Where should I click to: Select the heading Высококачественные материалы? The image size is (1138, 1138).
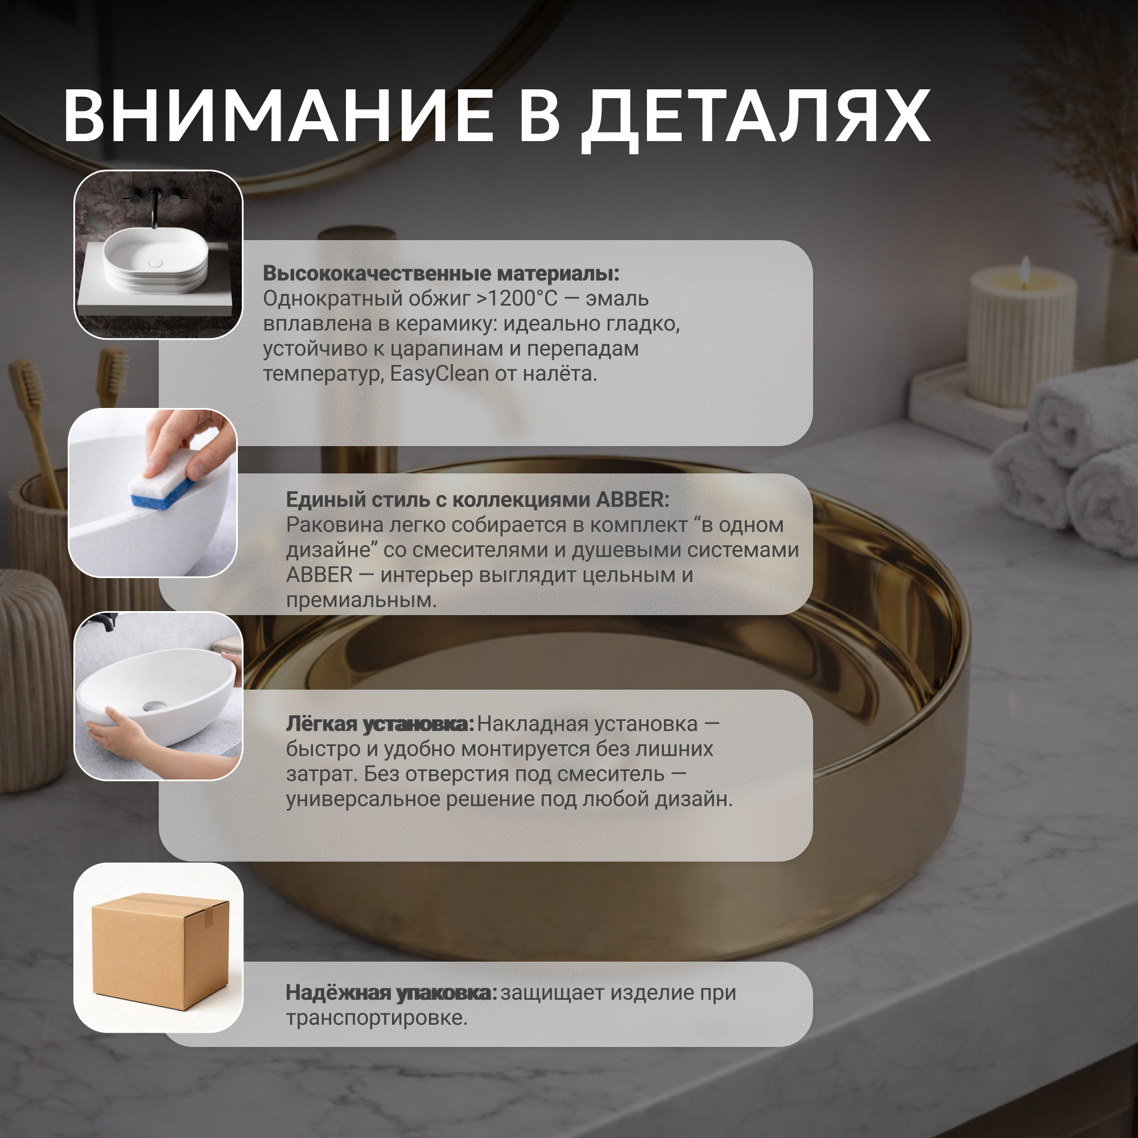point(441,273)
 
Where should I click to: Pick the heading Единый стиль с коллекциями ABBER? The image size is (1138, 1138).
point(478,500)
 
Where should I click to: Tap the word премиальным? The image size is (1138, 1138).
point(361,600)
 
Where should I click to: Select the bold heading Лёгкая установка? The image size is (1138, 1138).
point(380,724)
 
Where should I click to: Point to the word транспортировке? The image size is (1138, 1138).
point(376,1018)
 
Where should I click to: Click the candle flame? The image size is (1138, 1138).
point(1025,267)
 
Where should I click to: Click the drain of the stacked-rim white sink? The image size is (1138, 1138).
point(155,263)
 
